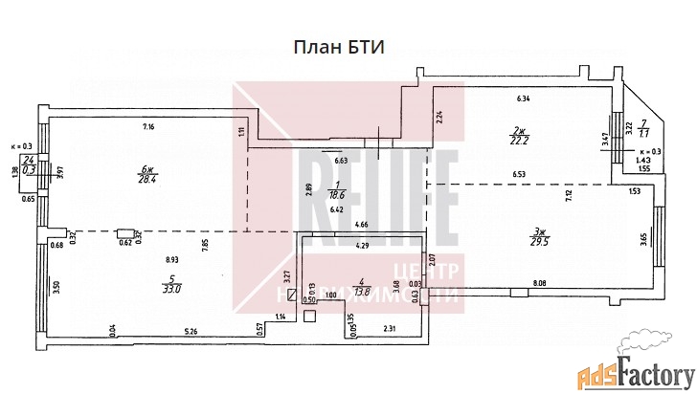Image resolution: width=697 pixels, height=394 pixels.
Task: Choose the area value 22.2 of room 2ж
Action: coord(520,142)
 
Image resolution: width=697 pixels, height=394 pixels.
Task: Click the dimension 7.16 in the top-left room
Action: coord(148,126)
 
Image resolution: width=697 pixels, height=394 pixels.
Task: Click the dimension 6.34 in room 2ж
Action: coord(524,98)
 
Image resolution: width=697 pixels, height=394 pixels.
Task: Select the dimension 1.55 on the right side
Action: coord(643,169)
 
